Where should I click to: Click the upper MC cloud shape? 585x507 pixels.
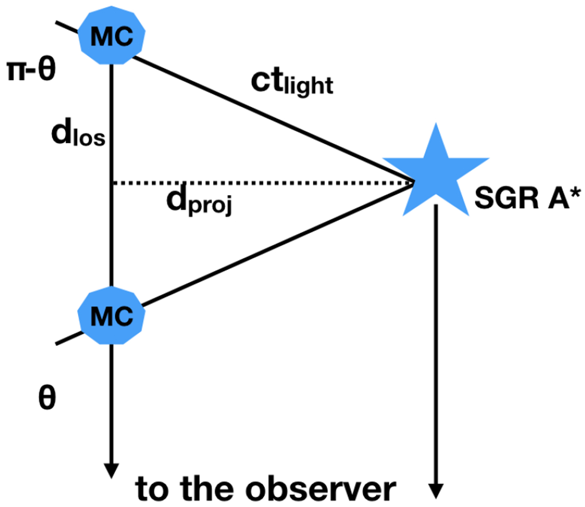(x=112, y=36)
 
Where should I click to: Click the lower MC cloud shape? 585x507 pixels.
(x=112, y=316)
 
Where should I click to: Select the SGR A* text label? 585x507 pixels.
(x=528, y=197)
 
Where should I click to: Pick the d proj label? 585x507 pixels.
(x=199, y=200)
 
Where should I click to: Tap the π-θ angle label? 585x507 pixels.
(x=31, y=70)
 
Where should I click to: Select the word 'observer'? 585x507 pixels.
(x=322, y=489)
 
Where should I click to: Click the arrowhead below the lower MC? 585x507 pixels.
(x=112, y=470)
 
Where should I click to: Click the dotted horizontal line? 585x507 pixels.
(x=263, y=183)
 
